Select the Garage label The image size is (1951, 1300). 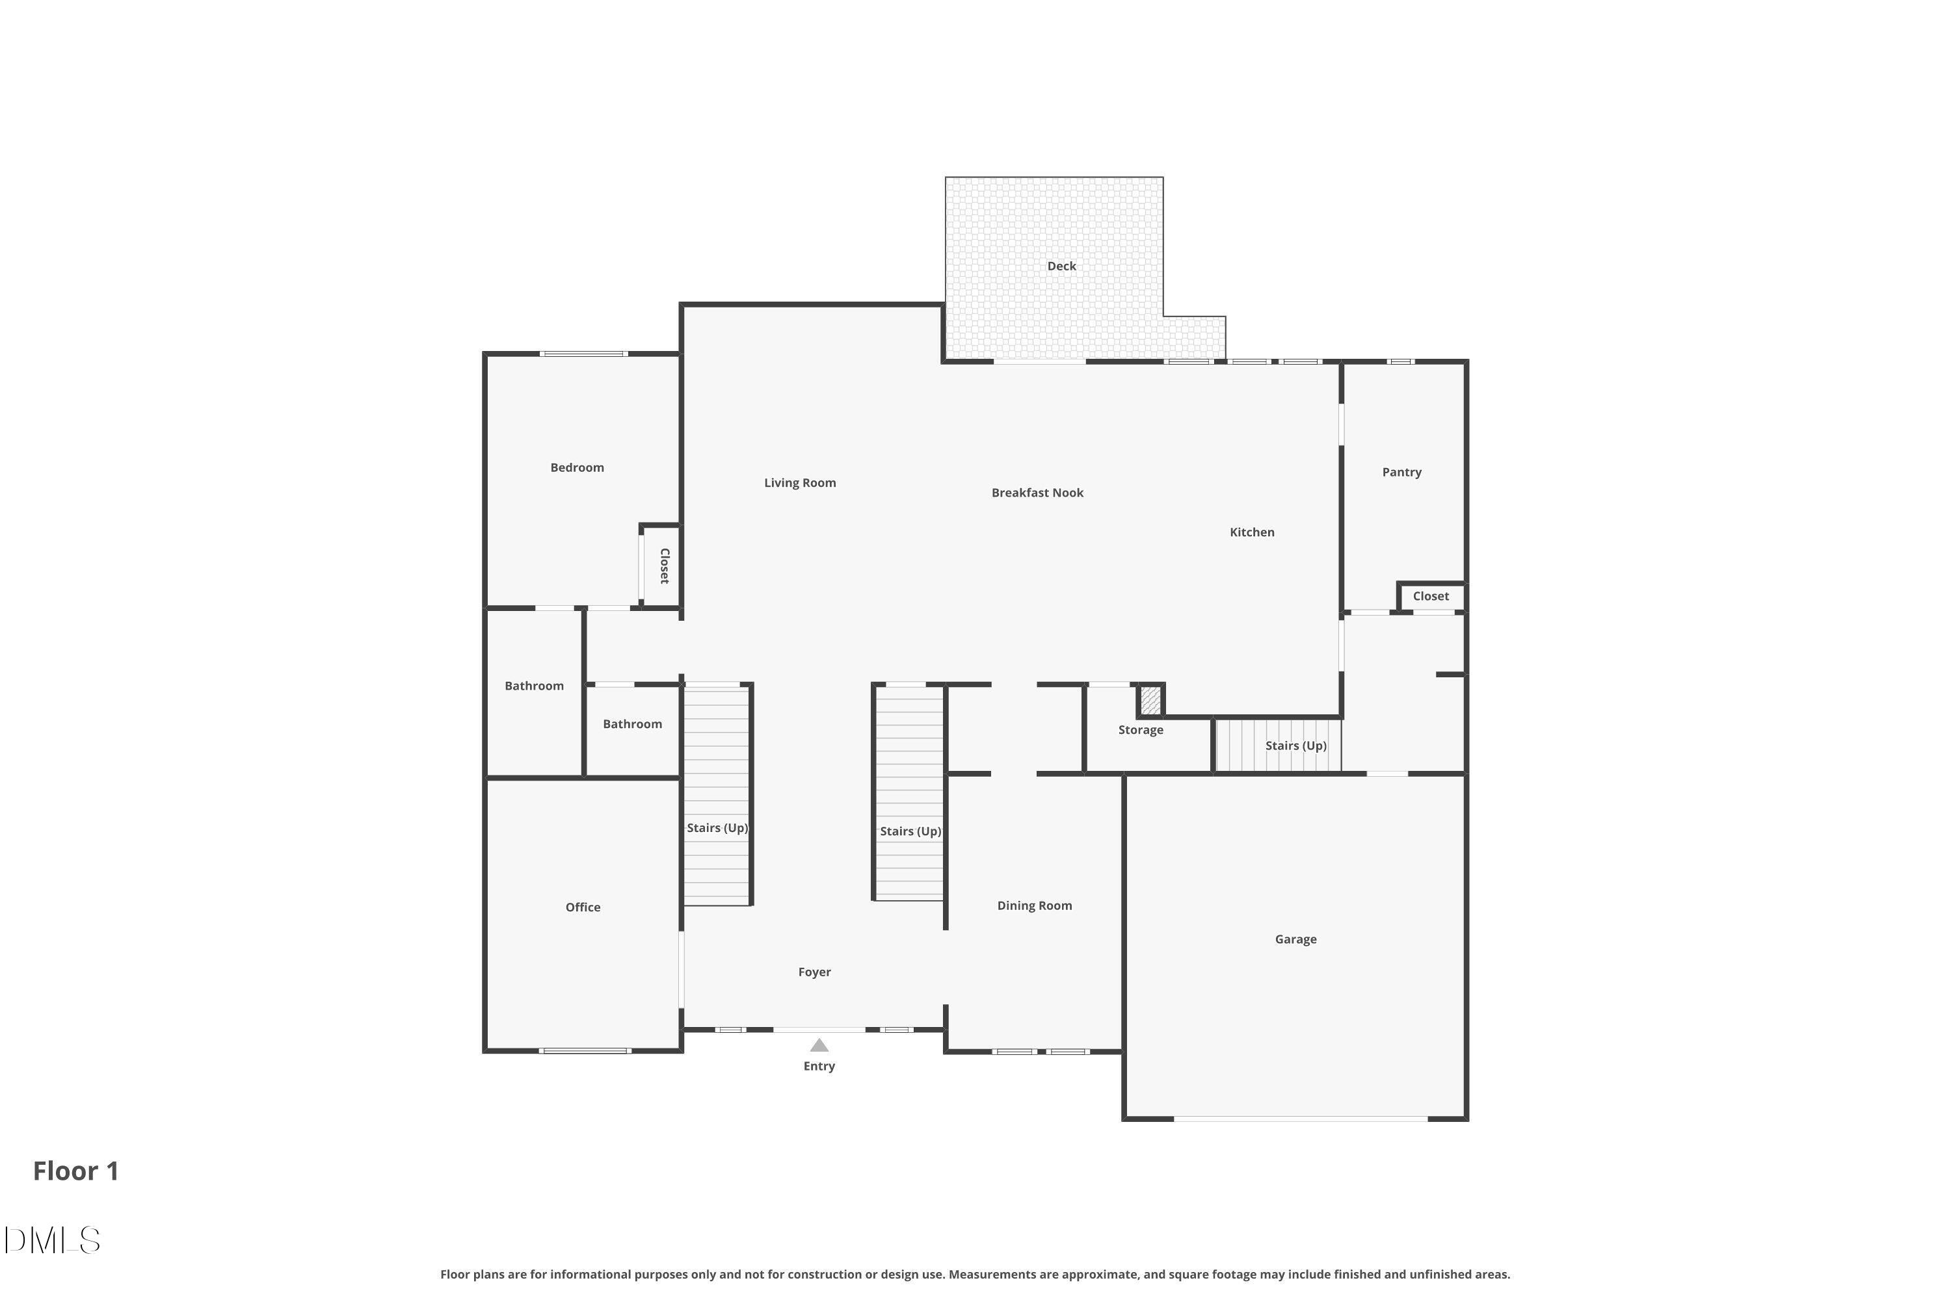coord(1295,939)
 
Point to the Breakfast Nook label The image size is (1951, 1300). coord(1037,493)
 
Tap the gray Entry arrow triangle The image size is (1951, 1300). coord(819,1045)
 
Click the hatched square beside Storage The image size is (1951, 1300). coord(1150,701)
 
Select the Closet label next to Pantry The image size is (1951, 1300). coord(1430,597)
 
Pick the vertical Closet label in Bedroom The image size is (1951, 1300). coord(665,566)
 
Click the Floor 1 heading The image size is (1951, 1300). coord(75,1171)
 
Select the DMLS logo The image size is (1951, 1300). coord(51,1240)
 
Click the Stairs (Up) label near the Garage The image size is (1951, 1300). coord(1295,746)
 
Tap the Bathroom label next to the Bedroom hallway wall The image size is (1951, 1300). coord(533,686)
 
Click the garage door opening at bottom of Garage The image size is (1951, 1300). coord(1300,1119)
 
